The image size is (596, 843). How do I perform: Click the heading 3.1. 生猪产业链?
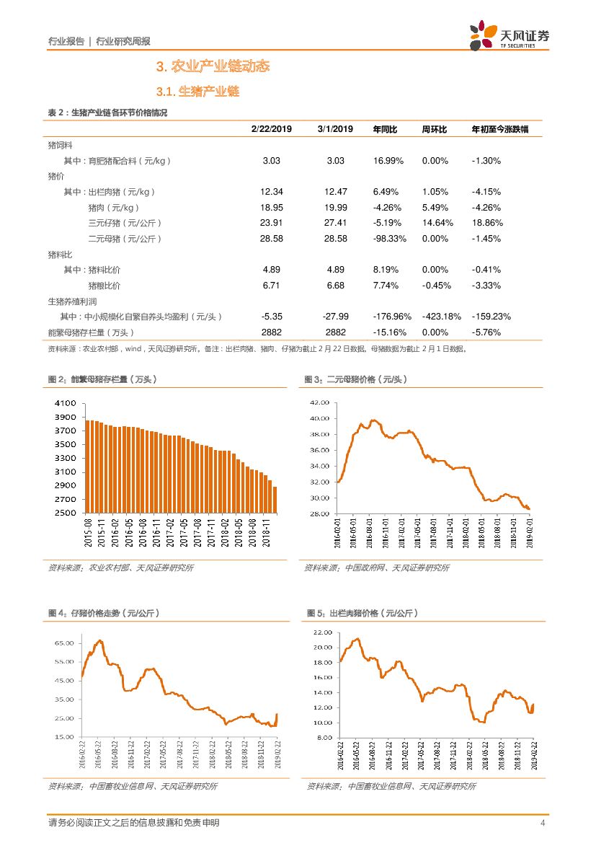(197, 92)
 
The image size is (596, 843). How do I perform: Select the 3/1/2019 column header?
(335, 129)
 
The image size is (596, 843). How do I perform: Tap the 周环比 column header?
(435, 129)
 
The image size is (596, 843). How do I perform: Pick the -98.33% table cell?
(390, 239)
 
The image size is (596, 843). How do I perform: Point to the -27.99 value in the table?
(335, 317)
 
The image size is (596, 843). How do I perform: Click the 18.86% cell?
(487, 223)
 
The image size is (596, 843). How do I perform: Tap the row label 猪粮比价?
(104, 286)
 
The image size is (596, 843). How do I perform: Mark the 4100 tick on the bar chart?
(65, 404)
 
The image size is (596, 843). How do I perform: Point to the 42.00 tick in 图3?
(319, 402)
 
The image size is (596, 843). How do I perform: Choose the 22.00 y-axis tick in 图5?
(321, 632)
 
